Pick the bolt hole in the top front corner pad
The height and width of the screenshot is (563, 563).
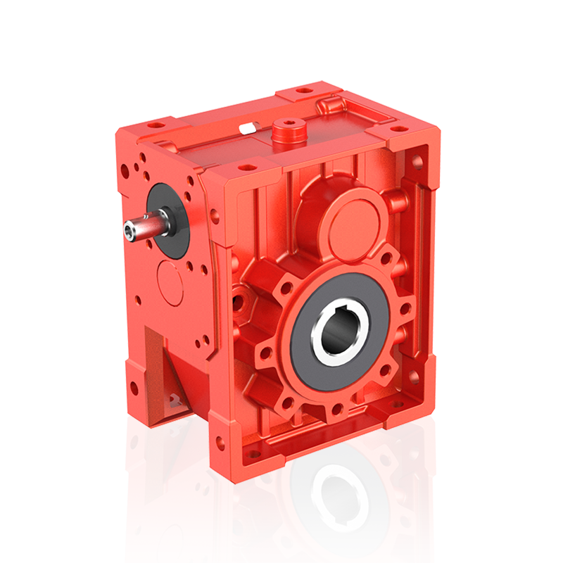247,167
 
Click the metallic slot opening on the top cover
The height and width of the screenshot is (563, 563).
247,127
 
